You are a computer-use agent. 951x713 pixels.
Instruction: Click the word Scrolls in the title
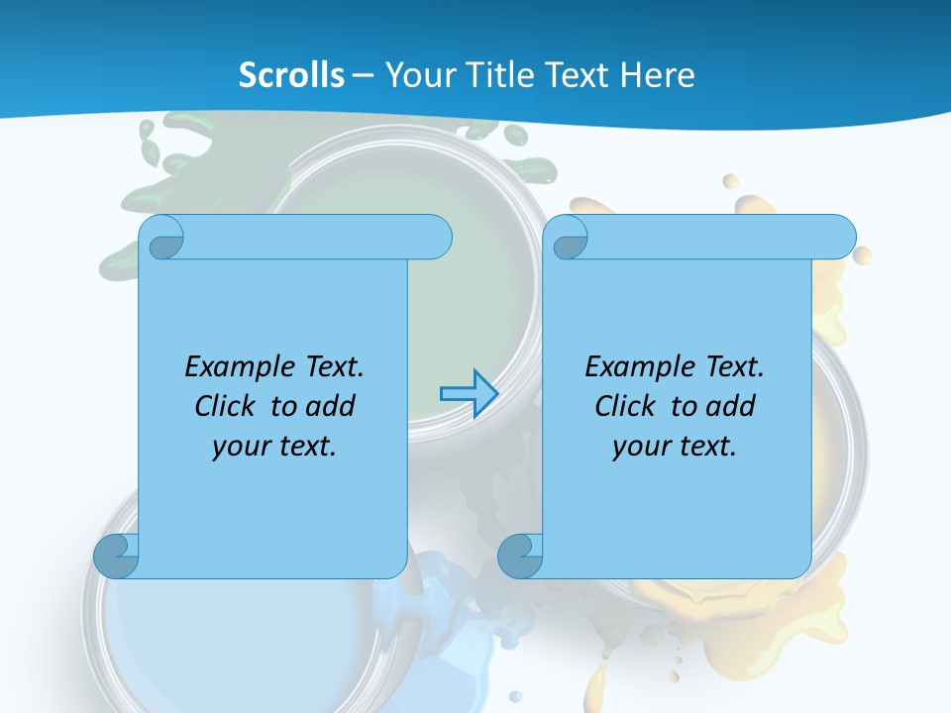292,75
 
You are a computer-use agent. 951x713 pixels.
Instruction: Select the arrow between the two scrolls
468,394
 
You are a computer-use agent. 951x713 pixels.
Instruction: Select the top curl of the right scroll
570,239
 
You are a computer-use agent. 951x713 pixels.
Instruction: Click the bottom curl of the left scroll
116,556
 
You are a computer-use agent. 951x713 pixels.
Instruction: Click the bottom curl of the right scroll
520,556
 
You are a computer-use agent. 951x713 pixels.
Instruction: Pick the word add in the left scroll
332,406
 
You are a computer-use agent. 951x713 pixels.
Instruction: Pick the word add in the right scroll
732,406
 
